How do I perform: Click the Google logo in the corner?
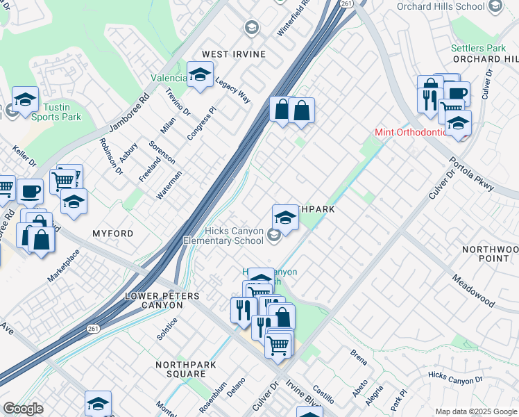[x=23, y=409]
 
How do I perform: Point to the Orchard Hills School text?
[x=441, y=7]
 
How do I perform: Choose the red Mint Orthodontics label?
[x=411, y=132]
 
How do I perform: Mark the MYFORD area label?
[x=112, y=234]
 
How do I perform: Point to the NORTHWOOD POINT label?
[x=489, y=254]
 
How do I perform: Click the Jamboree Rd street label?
[x=129, y=114]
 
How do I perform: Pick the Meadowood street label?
[x=473, y=291]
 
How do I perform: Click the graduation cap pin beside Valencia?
[x=201, y=76]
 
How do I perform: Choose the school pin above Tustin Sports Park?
[x=26, y=99]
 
